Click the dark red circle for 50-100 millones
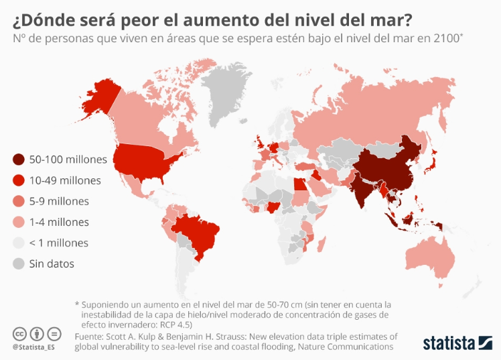click(19, 160)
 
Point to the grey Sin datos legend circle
click(19, 263)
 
